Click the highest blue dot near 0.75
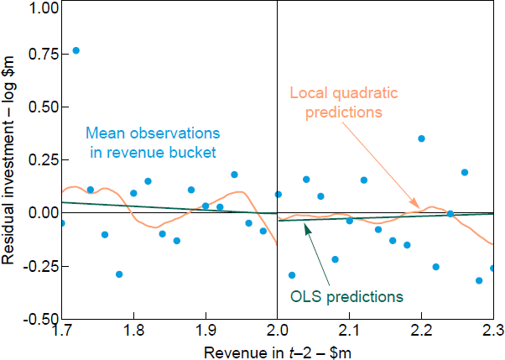[x=75, y=50]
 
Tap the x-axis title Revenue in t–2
[x=277, y=352]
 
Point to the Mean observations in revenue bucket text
[x=153, y=142]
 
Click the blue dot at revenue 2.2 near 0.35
[x=421, y=138]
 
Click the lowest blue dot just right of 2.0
[x=292, y=274]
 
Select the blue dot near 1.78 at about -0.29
[x=119, y=274]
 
